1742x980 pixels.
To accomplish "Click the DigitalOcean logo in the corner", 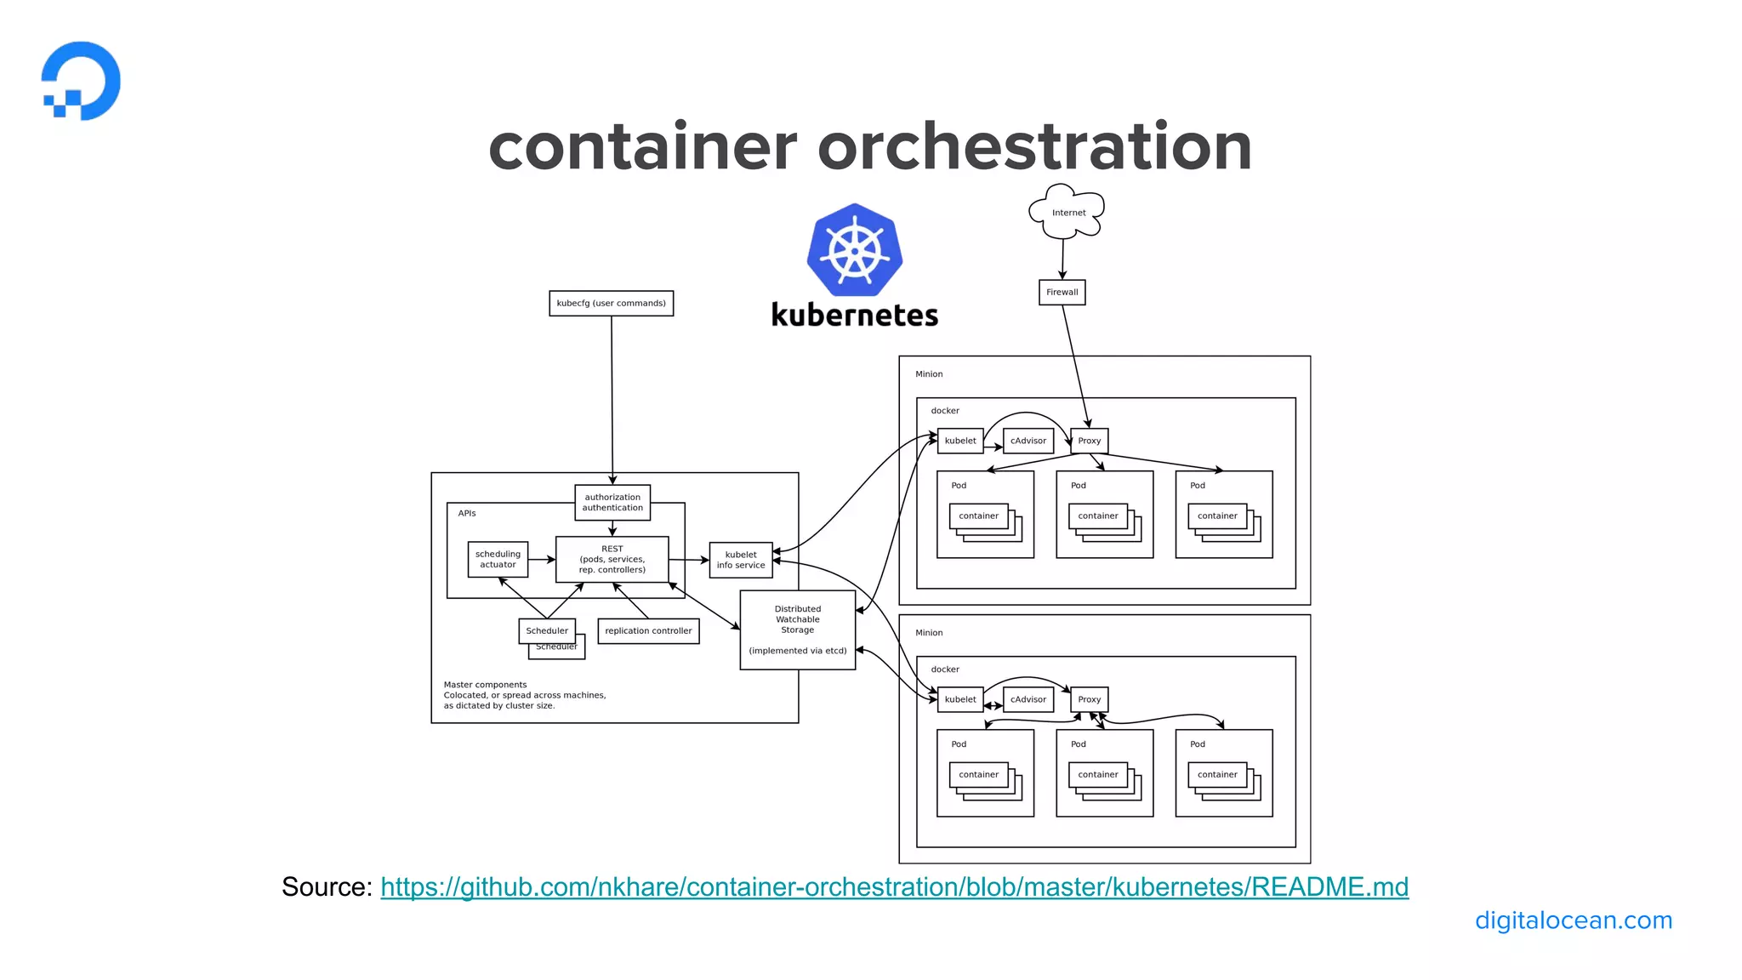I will click(x=82, y=81).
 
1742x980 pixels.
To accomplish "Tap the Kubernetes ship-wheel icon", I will click(x=854, y=249).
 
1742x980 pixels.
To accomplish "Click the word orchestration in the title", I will click(x=1034, y=146).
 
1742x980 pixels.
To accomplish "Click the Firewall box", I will click(x=1062, y=292).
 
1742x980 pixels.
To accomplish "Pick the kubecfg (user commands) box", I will click(x=611, y=303).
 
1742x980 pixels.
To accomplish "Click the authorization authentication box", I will click(x=612, y=502).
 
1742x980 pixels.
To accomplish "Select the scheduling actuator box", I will click(x=498, y=559).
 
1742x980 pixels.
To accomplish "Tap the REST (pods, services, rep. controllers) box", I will click(x=612, y=559).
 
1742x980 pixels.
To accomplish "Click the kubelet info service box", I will click(x=740, y=560).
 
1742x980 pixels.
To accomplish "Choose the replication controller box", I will click(x=648, y=630).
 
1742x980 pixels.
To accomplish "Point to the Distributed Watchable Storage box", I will click(x=797, y=630).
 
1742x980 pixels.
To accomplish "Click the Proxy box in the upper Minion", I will click(x=1089, y=441).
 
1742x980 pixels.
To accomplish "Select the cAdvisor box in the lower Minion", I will click(x=1028, y=699).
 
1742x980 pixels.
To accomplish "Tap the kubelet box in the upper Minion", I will click(x=960, y=441).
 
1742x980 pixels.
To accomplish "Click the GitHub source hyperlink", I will click(x=894, y=886).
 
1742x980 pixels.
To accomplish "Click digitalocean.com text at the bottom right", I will click(x=1573, y=920).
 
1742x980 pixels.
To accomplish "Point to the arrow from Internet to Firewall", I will click(x=1062, y=258).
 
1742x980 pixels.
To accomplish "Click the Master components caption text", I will click(x=524, y=695).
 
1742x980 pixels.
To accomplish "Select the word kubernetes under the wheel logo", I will click(x=854, y=316).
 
